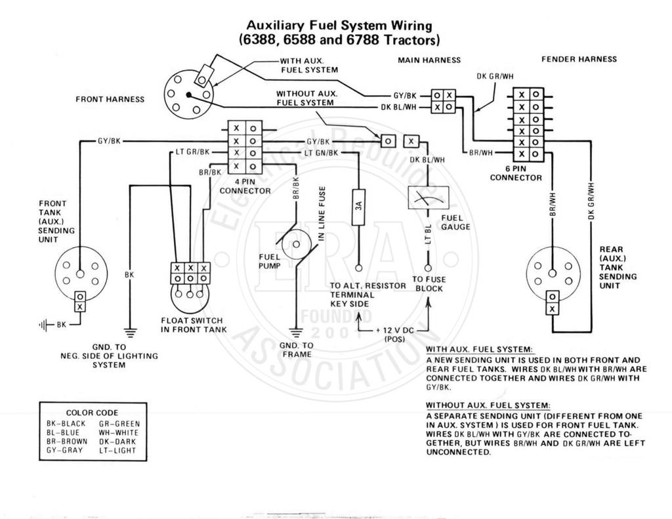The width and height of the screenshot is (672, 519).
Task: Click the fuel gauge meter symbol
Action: tap(428, 197)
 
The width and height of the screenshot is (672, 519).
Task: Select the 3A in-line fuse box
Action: tap(358, 207)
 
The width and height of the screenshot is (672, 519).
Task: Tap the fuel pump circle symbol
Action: tap(296, 245)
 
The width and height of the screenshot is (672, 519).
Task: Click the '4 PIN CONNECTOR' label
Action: tap(245, 186)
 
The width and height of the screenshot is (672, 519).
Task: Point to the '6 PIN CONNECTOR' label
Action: tap(516, 173)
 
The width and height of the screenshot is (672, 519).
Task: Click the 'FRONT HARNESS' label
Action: tap(110, 100)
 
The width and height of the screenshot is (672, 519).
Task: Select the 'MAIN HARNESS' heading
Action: tap(429, 60)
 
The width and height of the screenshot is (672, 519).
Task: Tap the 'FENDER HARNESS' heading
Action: tap(579, 59)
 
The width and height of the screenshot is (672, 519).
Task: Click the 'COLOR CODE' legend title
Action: tap(92, 413)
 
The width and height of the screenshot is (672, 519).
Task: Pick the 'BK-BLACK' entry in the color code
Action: tap(66, 423)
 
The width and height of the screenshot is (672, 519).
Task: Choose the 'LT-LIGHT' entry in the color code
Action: tap(117, 450)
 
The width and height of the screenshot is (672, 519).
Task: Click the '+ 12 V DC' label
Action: tap(394, 331)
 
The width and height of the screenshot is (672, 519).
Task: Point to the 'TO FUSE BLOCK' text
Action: tap(429, 283)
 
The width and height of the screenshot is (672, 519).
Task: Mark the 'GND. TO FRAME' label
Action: tap(297, 350)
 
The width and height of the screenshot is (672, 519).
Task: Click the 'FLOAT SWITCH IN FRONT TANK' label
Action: tap(194, 325)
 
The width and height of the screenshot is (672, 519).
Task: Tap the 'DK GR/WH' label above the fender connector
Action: tap(495, 76)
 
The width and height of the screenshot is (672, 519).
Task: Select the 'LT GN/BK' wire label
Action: tap(321, 153)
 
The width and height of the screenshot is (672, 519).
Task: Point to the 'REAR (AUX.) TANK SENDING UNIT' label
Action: tap(618, 268)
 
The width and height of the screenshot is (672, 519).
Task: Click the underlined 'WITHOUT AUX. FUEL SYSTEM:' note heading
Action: tap(488, 405)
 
